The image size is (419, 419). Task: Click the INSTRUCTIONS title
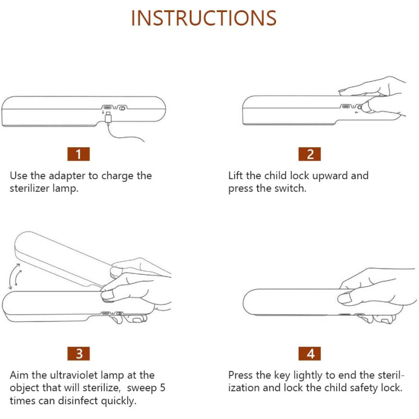pos(204,18)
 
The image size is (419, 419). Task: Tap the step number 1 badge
pos(78,154)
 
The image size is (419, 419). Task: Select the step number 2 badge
pos(310,154)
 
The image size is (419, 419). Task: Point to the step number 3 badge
pos(78,354)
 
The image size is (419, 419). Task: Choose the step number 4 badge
pos(310,354)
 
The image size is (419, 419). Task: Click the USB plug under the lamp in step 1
pos(108,117)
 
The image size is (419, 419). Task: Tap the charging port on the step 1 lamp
pos(107,107)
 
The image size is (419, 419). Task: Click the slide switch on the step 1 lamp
pos(122,108)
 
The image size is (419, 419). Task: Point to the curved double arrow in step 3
pos(15,277)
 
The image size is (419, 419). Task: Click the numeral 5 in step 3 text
pos(162,388)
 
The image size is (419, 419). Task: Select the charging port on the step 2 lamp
pos(346,107)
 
